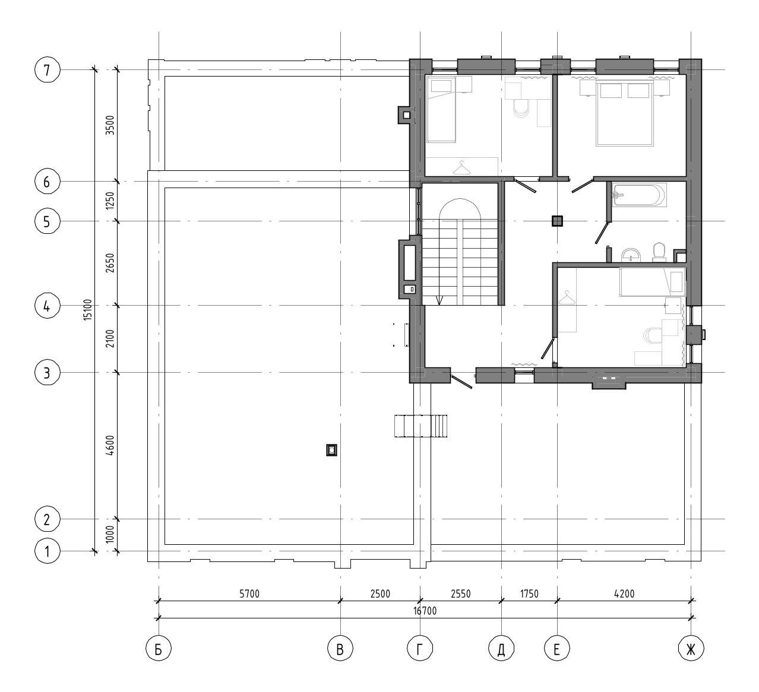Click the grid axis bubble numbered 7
click(47, 70)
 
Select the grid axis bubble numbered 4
click(47, 306)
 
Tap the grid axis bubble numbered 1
click(47, 552)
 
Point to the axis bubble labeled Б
click(159, 649)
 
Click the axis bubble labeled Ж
click(691, 649)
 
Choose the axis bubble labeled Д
click(501, 649)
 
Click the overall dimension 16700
click(425, 611)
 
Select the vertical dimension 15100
click(88, 310)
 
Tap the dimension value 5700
click(249, 593)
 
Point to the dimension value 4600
click(110, 446)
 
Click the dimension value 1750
click(529, 593)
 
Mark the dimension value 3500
click(110, 125)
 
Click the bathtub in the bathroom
click(639, 195)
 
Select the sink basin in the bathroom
click(631, 255)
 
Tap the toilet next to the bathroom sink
click(659, 252)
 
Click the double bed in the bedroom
click(625, 113)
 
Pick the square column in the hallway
click(557, 220)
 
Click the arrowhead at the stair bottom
click(439, 300)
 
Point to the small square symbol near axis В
click(331, 450)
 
